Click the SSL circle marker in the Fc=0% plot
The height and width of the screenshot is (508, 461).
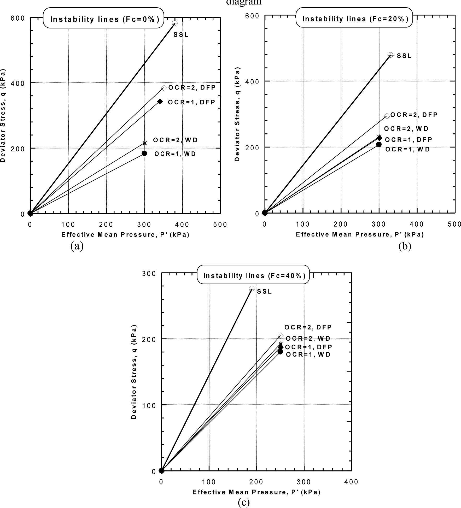pos(175,23)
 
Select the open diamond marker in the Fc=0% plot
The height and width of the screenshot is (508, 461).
pos(164,88)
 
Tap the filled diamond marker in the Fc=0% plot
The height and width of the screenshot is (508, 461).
pos(160,102)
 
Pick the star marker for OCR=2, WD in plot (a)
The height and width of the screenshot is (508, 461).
pos(145,143)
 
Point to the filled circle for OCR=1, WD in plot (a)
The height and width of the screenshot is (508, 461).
pos(144,153)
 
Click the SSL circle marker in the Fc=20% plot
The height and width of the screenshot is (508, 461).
pos(390,55)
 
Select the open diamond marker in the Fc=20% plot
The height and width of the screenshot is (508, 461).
pos(387,116)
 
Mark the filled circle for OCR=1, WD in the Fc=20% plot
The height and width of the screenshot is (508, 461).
pos(379,144)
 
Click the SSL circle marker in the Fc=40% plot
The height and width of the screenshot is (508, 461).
pos(252,288)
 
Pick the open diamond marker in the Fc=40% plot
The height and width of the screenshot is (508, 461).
pos(281,336)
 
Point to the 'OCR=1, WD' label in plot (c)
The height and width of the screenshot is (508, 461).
pos(308,355)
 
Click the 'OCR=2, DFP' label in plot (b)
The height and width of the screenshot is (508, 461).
pos(414,115)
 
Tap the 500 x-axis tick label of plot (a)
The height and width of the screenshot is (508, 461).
pos(220,225)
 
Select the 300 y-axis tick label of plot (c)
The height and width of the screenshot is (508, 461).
pos(149,273)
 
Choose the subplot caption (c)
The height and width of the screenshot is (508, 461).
pos(244,502)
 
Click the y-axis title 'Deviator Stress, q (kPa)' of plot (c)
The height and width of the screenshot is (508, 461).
pos(134,372)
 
